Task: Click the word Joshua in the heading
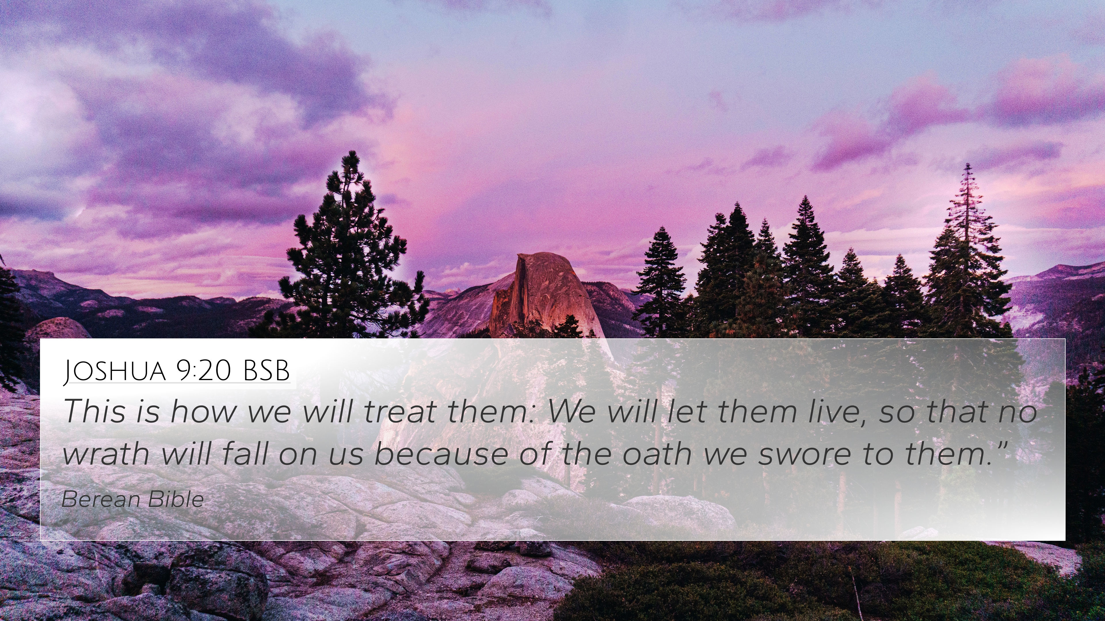coord(115,371)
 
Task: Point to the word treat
coord(400,411)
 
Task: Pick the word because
coord(441,453)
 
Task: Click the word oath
coord(656,453)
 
